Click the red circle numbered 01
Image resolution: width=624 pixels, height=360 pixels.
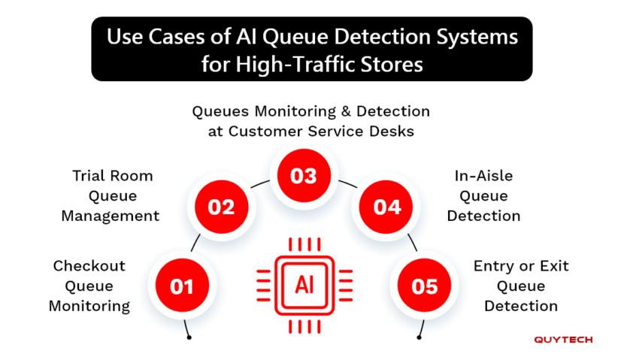182,286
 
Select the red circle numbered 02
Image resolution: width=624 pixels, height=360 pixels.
222,206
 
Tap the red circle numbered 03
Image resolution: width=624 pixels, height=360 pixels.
304,176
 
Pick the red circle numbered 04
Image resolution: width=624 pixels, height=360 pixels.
387,206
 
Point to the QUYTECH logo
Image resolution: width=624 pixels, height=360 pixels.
563,340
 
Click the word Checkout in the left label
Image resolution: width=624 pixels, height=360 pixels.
89,266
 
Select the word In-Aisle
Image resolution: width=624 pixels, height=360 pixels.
483,176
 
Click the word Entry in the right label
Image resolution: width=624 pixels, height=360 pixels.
493,266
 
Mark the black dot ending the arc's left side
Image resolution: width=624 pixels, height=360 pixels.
189,337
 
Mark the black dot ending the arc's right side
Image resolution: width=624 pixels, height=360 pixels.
419,337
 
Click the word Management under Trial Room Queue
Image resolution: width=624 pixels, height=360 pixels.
111,216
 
